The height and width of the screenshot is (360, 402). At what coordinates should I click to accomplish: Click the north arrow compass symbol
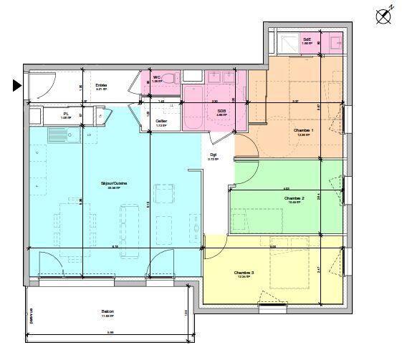tap(383, 16)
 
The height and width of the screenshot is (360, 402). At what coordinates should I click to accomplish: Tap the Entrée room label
tap(101, 85)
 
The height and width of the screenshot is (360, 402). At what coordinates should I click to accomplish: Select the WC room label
tap(156, 77)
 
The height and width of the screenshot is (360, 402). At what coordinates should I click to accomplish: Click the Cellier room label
tap(162, 121)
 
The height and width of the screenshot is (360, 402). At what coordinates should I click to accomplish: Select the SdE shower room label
tap(307, 39)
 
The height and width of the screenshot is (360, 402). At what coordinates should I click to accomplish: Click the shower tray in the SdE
tap(288, 42)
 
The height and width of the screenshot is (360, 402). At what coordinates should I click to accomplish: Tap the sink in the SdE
tap(334, 42)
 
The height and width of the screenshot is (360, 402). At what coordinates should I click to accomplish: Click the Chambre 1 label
tap(303, 130)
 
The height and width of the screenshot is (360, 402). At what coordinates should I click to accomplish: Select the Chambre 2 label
tap(294, 198)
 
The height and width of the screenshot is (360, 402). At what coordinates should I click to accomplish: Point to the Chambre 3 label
tap(244, 272)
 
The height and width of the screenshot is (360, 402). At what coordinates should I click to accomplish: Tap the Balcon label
tap(108, 311)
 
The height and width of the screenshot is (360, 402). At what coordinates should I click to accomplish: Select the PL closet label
tap(66, 113)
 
